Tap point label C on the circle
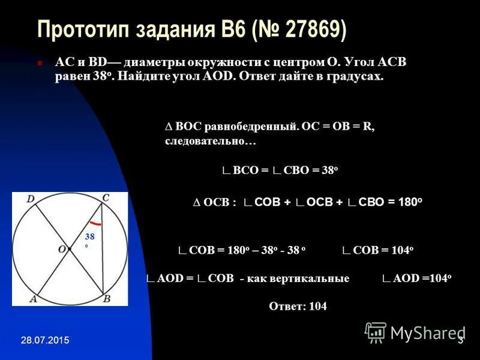click(105, 197)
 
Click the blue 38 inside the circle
click(90, 236)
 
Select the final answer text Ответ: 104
click(298, 306)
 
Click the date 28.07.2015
click(44, 341)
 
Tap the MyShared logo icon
click(376, 332)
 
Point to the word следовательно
click(204, 142)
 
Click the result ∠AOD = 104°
click(416, 278)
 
